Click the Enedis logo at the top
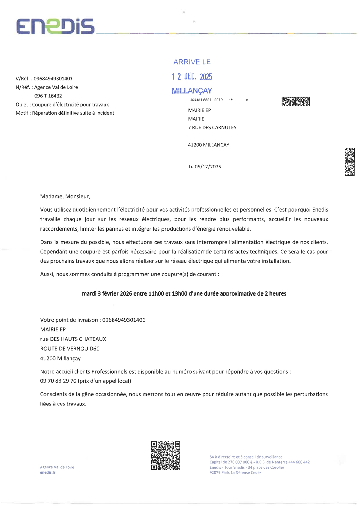(x=55, y=26)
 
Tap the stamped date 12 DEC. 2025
(x=192, y=77)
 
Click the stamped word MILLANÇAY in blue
(x=192, y=91)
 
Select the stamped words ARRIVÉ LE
(x=192, y=62)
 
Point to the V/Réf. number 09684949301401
(x=53, y=79)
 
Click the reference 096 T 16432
(x=48, y=96)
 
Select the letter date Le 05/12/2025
(x=205, y=167)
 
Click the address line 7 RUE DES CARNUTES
(x=212, y=128)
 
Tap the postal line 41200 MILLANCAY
(x=208, y=145)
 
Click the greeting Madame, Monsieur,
(x=65, y=196)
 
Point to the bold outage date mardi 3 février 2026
(x=107, y=294)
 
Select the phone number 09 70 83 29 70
(x=58, y=381)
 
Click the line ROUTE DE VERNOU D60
(x=70, y=349)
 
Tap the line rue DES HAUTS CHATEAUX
(x=73, y=339)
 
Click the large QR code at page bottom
(x=165, y=456)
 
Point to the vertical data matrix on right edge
(x=350, y=162)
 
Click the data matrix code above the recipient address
(x=296, y=102)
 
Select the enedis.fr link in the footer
(x=48, y=472)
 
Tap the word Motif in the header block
(x=22, y=113)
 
